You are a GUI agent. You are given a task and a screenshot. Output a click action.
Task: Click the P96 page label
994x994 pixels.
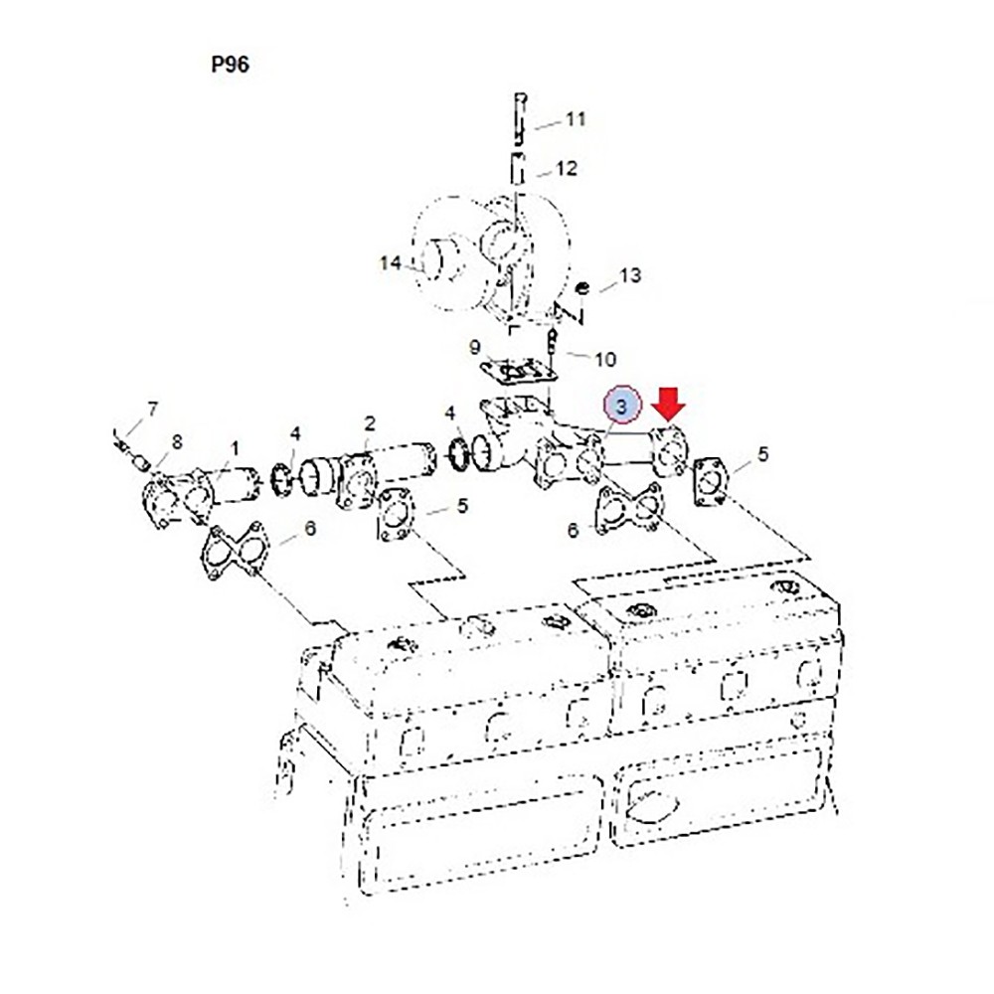point(231,64)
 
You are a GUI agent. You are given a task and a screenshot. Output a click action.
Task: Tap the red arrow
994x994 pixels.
point(670,405)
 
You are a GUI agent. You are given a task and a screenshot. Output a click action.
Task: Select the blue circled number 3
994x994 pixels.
point(622,405)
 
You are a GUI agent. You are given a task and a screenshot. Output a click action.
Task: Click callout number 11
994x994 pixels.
point(576,119)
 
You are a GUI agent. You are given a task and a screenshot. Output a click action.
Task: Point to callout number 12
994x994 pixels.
point(567,169)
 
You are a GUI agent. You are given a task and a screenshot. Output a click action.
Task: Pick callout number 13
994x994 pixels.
point(629,275)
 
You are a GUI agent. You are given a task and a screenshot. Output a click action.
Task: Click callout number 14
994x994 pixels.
point(391,262)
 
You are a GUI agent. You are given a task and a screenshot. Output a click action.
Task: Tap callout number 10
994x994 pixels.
point(604,360)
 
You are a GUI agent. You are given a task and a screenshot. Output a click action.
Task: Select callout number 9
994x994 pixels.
point(475,347)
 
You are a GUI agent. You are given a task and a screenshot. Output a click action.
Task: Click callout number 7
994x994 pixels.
point(152,409)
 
